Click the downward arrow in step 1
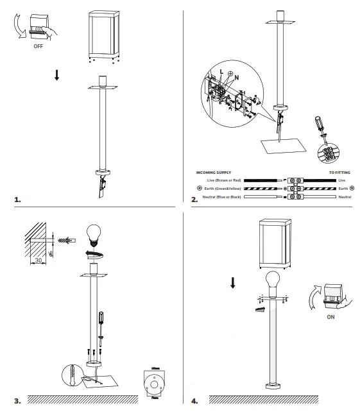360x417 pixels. point(57,74)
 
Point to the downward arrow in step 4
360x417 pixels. point(232,282)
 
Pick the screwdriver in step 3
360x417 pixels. point(99,324)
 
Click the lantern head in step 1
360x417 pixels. point(103,34)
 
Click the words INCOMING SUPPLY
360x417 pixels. point(214,173)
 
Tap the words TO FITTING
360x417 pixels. point(341,173)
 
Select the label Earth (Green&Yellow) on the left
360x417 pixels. point(221,189)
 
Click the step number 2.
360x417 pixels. point(194,200)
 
